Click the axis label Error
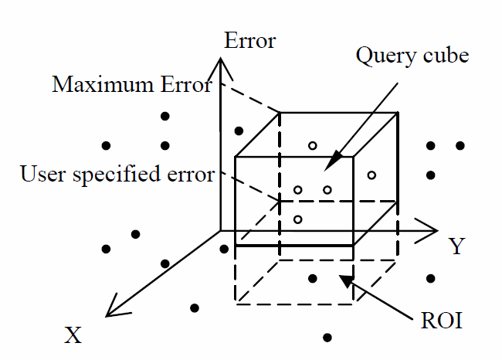(249, 41)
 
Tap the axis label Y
(456, 247)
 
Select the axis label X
(73, 335)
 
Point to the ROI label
(443, 321)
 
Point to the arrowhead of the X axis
(113, 310)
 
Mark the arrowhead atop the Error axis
(221, 63)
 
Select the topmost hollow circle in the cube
(312, 145)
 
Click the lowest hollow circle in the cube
(297, 219)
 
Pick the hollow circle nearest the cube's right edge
(371, 175)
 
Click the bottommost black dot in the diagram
(327, 337)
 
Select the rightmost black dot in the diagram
(460, 145)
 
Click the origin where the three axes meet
(221, 230)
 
